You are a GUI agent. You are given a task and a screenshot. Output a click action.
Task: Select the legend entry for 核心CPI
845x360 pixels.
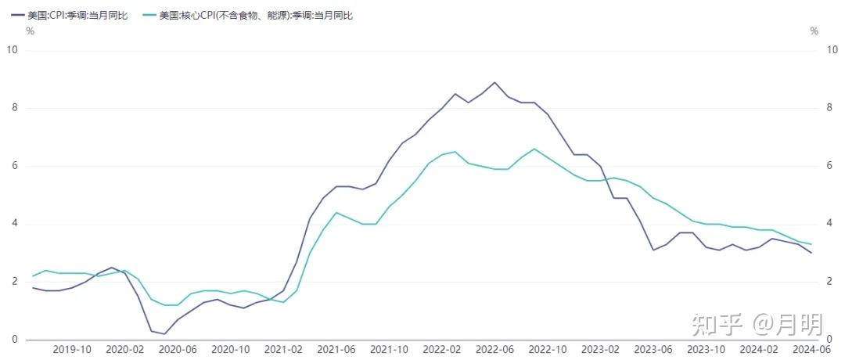[247, 15]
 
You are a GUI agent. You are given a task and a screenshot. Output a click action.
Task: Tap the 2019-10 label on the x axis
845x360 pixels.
[71, 349]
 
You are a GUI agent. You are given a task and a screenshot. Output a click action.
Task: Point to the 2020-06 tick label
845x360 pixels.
[178, 349]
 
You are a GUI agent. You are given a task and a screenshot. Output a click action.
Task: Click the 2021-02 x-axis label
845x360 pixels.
[283, 349]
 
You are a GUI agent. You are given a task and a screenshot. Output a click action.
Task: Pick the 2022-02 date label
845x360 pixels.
[442, 349]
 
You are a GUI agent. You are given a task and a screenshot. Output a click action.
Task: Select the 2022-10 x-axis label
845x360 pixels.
[548, 349]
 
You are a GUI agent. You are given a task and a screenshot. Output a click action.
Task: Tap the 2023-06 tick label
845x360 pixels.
[653, 349]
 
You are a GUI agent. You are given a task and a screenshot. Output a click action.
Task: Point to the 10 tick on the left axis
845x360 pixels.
[12, 50]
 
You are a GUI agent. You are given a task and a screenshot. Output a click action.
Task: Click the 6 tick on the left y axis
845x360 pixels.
[15, 166]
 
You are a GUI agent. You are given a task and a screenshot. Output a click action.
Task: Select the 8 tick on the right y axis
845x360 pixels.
[830, 108]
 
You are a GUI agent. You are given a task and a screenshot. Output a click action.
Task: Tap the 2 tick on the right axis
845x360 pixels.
[830, 282]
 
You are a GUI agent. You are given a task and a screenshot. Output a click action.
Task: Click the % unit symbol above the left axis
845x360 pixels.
[31, 31]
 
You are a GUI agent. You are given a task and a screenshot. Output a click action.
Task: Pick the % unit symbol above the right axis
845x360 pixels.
[814, 31]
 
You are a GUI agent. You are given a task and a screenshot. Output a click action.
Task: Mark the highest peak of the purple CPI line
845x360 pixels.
[494, 82]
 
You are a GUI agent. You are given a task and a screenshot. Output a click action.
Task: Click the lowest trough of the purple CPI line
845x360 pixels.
[164, 334]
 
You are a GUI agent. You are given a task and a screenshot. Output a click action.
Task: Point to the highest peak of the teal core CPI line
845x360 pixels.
[534, 149]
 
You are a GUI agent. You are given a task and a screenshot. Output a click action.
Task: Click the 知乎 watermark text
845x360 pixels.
[716, 325]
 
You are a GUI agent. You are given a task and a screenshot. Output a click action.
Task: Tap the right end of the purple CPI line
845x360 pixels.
[811, 253]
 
